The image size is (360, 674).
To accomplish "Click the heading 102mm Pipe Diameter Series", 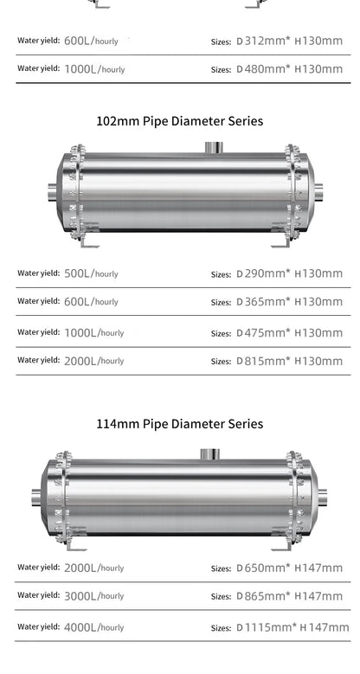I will [180, 121].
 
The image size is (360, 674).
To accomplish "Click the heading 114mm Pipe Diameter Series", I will [180, 424].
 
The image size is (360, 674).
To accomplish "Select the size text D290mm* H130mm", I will [289, 273].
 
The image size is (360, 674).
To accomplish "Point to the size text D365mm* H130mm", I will [289, 302].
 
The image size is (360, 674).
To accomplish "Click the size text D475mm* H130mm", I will [289, 332].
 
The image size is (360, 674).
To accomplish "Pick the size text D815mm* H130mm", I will [289, 361].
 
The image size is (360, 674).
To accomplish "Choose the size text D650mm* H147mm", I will [289, 568].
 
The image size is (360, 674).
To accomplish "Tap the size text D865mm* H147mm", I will [289, 596].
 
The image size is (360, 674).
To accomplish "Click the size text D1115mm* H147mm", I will [292, 627].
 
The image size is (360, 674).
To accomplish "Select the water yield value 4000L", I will [80, 627].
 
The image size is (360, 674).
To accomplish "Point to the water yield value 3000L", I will [80, 596].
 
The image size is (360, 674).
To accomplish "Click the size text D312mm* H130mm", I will [289, 41].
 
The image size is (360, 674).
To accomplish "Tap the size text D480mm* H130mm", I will [289, 68].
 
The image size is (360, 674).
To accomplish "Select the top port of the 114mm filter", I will [209, 454].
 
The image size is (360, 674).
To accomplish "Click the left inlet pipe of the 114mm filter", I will [37, 497].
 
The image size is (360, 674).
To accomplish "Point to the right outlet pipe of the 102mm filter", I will [318, 191].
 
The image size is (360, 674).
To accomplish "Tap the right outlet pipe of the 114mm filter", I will [322, 497].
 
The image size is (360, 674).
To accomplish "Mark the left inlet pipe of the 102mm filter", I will [49, 191].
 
